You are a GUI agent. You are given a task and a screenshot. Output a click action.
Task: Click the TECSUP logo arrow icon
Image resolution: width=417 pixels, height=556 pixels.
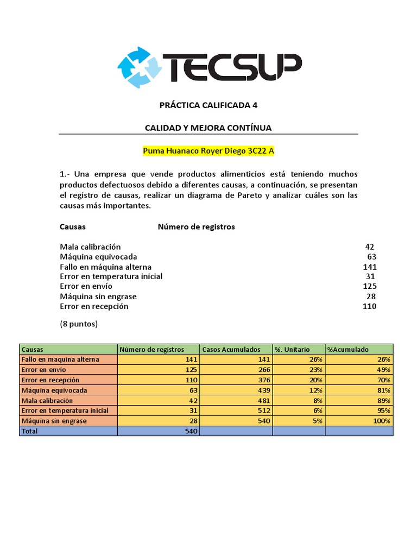point(140,67)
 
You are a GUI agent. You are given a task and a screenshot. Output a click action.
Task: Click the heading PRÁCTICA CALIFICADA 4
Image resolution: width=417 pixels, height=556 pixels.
point(208,105)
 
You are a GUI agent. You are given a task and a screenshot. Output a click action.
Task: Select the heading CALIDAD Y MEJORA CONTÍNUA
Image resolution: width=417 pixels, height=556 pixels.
point(208,128)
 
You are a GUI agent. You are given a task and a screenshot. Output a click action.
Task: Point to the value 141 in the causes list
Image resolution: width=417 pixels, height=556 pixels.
point(369,267)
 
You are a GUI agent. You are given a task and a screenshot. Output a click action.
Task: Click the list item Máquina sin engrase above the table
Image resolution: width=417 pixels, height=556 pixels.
point(98,296)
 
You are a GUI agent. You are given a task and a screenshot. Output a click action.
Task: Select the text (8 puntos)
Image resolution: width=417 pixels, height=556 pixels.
point(78,324)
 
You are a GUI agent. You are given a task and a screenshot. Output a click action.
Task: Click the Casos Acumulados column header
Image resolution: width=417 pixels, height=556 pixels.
point(231,350)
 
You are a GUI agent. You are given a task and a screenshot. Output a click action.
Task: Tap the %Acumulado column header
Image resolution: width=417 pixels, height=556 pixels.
point(347,350)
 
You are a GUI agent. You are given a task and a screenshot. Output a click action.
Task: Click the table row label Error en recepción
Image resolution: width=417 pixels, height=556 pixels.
point(50,380)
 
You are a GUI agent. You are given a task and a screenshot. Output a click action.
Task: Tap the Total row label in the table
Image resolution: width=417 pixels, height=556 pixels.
point(30,431)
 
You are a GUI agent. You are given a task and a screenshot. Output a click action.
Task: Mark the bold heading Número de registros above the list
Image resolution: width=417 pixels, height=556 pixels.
point(196,227)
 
